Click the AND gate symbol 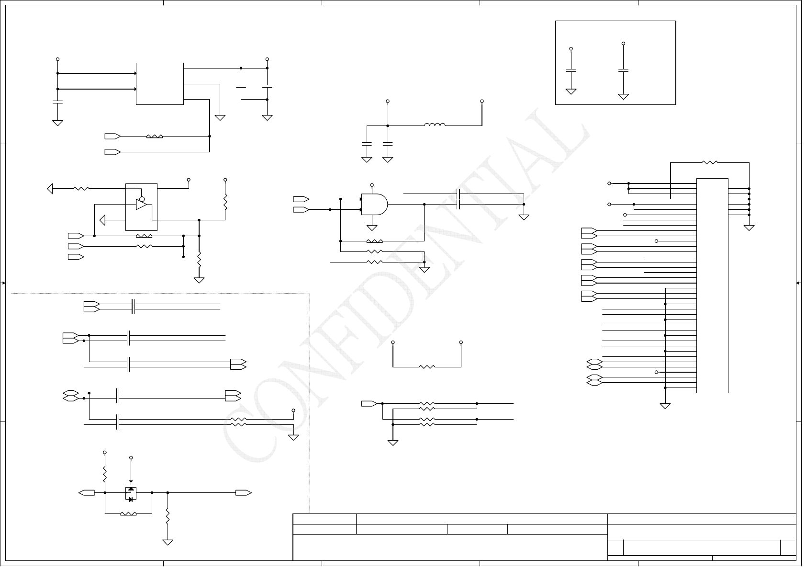(x=374, y=205)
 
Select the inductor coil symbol (x=435, y=125)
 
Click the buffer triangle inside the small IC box (x=141, y=205)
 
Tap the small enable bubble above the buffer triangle (x=142, y=198)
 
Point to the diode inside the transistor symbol (x=130, y=499)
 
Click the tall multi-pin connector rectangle (x=712, y=285)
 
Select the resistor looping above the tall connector (x=710, y=162)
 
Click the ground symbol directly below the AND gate (x=371, y=228)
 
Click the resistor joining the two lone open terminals (x=427, y=367)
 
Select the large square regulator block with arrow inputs (x=160, y=83)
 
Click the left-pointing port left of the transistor (x=87, y=492)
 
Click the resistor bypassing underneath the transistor (x=128, y=514)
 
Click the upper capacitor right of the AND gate (x=459, y=194)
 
